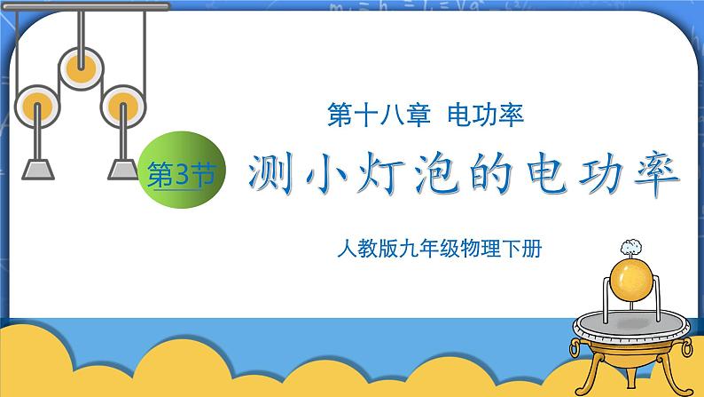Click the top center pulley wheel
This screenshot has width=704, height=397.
point(81,65)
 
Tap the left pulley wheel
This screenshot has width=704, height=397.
point(38,107)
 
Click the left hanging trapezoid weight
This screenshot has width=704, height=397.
point(38,169)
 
